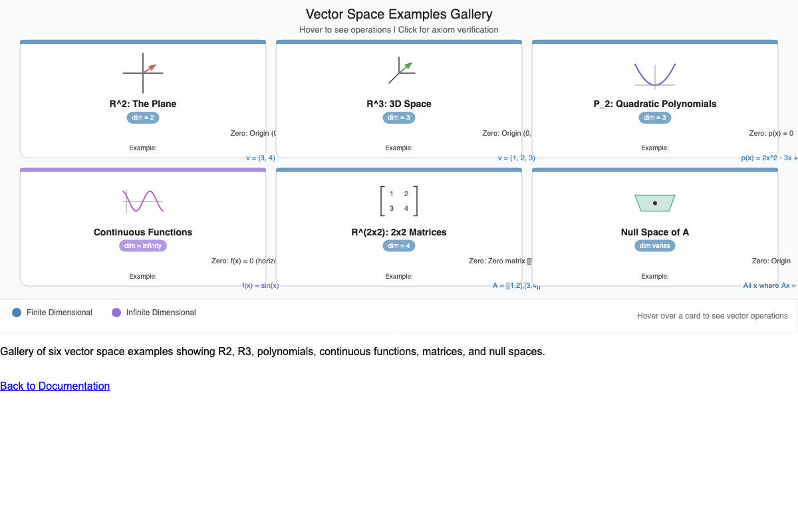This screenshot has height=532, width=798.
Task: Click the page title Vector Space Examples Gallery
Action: click(399, 14)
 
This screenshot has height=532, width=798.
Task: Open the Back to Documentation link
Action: click(55, 386)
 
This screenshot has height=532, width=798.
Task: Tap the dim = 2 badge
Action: click(143, 118)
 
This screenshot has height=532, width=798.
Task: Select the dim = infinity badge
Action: click(143, 246)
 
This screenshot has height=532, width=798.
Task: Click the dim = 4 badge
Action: click(399, 246)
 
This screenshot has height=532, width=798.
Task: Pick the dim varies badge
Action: click(655, 246)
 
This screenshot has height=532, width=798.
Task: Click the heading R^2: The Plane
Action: click(143, 104)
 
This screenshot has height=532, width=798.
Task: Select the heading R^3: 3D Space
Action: click(399, 104)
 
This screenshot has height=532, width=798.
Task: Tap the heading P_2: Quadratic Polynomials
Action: click(655, 104)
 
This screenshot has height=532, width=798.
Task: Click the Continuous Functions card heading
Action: click(143, 232)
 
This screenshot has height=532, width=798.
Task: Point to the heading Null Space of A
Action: click(655, 232)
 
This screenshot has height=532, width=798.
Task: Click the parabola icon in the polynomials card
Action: click(655, 74)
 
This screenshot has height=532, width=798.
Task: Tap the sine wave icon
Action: click(143, 201)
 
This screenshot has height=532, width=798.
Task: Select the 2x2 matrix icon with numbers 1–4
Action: click(399, 201)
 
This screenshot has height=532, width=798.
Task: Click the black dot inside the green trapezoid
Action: click(655, 203)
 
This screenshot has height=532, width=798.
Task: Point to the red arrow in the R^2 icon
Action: click(150, 67)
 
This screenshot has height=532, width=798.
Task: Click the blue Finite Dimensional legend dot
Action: click(17, 313)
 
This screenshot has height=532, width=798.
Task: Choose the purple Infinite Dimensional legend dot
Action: click(116, 313)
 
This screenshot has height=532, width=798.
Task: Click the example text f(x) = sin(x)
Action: click(261, 285)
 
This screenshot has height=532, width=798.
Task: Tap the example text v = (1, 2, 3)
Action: click(516, 158)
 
